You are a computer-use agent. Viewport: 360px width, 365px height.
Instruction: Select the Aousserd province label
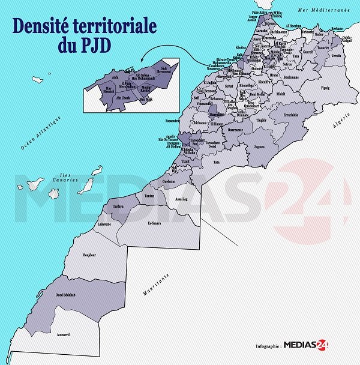[64, 333]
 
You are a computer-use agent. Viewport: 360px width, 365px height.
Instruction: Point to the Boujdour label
[89, 255]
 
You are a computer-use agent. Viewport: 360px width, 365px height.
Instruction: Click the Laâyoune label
[104, 225]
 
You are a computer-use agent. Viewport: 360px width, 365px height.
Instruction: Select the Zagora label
[260, 146]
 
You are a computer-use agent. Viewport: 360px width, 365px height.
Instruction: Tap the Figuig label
[325, 88]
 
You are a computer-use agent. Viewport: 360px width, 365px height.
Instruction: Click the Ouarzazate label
[235, 130]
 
